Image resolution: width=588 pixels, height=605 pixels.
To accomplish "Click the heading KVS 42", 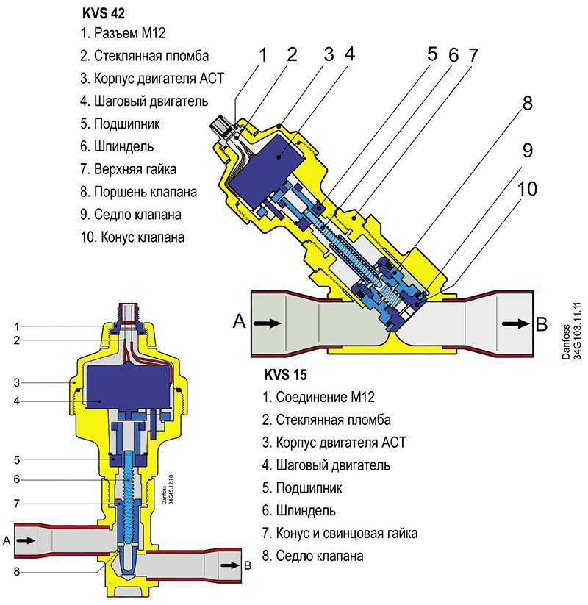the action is click(x=104, y=13).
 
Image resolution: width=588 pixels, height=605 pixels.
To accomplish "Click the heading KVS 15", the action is click(x=285, y=375).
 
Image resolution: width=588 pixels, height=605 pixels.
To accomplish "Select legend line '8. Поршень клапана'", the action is click(x=138, y=192).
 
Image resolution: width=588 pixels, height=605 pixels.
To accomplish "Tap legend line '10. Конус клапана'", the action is click(x=132, y=237).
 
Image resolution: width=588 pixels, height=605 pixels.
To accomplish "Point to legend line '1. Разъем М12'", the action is click(x=123, y=33).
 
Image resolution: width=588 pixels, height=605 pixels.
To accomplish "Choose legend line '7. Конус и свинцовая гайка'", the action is click(x=340, y=533).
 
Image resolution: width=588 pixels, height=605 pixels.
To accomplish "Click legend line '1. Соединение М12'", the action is click(x=318, y=397).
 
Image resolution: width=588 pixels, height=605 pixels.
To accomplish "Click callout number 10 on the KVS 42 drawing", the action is click(x=527, y=189).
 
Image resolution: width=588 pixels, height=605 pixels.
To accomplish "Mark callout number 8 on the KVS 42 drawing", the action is click(x=528, y=104).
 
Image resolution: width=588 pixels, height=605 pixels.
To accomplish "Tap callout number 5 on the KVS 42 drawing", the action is click(x=432, y=54).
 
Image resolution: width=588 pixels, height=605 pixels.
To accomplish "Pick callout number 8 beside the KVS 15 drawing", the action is click(x=17, y=571).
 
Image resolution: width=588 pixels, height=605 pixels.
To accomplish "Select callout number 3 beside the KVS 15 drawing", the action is click(x=17, y=382).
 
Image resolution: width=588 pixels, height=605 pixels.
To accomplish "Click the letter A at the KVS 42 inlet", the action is click(x=239, y=321).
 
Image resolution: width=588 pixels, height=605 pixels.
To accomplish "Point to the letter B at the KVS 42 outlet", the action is click(x=541, y=324).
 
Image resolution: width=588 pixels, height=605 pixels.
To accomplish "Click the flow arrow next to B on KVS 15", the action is click(x=230, y=565).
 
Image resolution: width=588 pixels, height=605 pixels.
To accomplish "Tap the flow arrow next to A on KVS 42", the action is click(x=268, y=323).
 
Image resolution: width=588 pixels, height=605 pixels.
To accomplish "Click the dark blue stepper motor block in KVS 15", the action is click(x=129, y=387).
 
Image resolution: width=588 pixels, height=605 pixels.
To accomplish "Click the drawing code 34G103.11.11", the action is click(x=577, y=331).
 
